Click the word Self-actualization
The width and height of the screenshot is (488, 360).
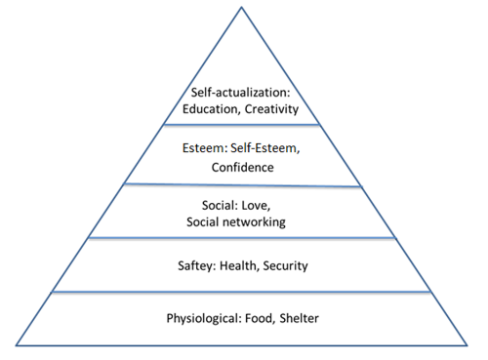pyautogui.click(x=239, y=93)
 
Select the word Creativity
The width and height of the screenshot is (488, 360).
pyautogui.click(x=271, y=109)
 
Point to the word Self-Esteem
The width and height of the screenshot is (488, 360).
pyautogui.click(x=264, y=148)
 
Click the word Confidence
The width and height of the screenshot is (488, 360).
pyautogui.click(x=243, y=168)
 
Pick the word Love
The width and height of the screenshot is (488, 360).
pyautogui.click(x=256, y=206)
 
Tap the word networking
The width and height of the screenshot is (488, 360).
pyautogui.click(x=254, y=222)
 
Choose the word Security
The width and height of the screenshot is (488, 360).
pyautogui.click(x=285, y=266)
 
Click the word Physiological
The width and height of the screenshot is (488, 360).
pyautogui.click(x=203, y=319)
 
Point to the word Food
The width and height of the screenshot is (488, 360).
pyautogui.click(x=260, y=318)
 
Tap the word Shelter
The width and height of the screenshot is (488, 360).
pyautogui.click(x=299, y=318)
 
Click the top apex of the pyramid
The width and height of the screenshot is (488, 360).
pyautogui.click(x=241, y=7)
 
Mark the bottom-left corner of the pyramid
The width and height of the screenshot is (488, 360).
pyautogui.click(x=16, y=345)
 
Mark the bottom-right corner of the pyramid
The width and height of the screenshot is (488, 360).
pyautogui.click(x=468, y=345)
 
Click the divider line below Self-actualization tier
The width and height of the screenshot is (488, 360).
pyautogui.click(x=242, y=125)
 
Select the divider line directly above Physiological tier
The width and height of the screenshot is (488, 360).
pyautogui.click(x=241, y=292)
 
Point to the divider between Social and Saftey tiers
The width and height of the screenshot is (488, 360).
pyautogui.click(x=242, y=238)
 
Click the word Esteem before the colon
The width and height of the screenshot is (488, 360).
pyautogui.click(x=203, y=148)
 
